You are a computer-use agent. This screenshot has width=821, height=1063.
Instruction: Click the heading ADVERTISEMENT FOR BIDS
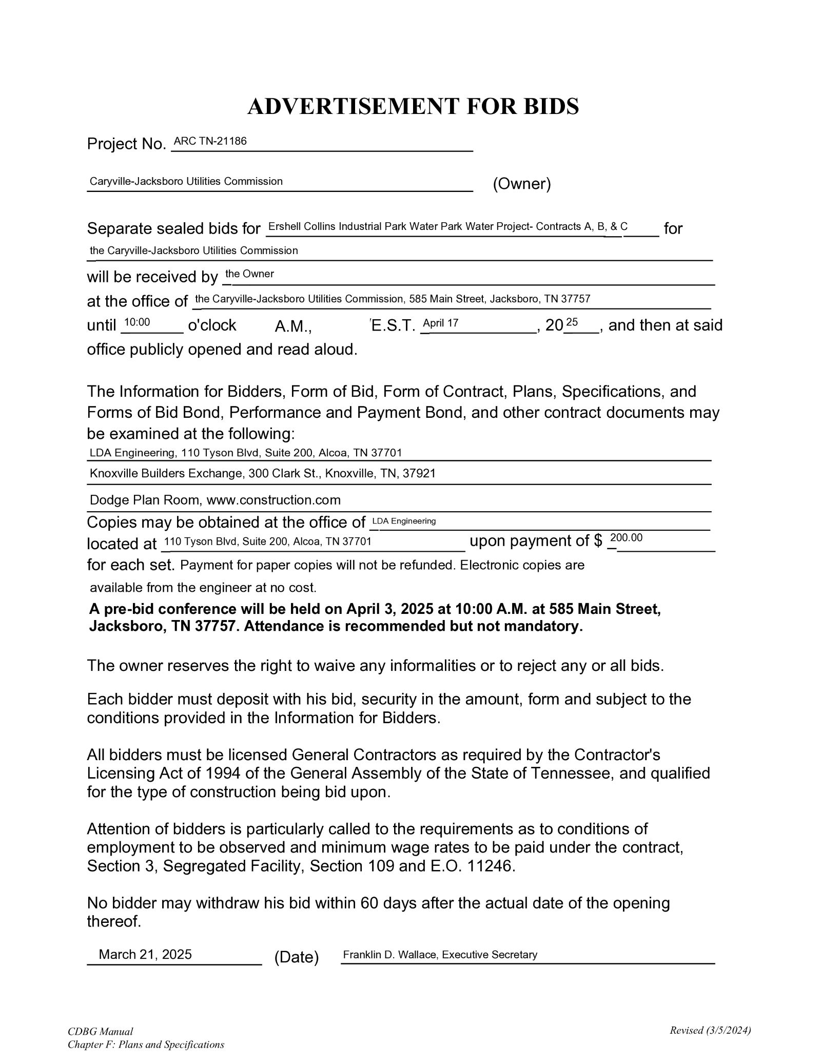[x=413, y=106]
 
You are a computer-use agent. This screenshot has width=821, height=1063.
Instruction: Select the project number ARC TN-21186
[x=210, y=141]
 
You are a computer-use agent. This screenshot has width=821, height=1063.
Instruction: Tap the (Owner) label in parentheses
[x=521, y=184]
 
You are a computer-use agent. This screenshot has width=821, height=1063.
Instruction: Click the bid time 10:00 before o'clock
[x=137, y=323]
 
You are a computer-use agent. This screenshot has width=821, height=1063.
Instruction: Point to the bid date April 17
[x=440, y=323]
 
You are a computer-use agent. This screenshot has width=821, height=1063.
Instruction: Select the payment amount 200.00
[x=626, y=537]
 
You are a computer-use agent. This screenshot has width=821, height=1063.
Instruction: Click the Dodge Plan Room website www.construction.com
[x=273, y=500]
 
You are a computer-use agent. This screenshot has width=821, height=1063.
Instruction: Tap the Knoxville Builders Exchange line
[x=262, y=473]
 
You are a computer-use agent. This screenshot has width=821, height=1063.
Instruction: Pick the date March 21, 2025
[x=145, y=954]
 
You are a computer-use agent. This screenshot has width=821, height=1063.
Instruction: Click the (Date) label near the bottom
[x=297, y=957]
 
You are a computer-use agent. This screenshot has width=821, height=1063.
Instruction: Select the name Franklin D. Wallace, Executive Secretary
[x=440, y=955]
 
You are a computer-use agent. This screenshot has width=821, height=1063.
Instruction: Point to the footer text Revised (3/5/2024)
[x=710, y=1030]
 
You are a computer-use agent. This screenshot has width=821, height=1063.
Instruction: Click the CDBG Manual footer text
[x=100, y=1032]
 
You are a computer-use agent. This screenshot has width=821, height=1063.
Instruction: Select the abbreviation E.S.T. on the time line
[x=393, y=325]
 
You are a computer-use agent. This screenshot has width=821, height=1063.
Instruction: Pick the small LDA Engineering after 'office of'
[x=404, y=521]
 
